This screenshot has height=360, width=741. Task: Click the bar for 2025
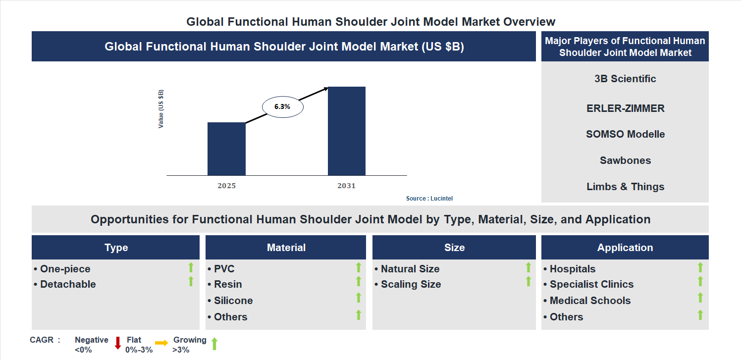tap(226, 149)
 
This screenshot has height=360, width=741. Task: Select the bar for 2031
tap(347, 131)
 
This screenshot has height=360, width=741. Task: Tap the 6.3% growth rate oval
tap(282, 106)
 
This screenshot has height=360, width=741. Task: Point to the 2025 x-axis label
tap(226, 186)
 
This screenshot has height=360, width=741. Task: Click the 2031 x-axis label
tap(346, 186)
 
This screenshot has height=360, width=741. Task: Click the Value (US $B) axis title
tap(161, 109)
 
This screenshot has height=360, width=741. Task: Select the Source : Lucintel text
tap(429, 199)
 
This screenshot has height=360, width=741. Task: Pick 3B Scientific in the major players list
tap(625, 79)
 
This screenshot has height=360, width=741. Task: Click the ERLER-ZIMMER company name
tap(625, 108)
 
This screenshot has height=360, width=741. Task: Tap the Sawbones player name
tap(625, 160)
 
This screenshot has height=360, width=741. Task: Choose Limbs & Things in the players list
tap(625, 187)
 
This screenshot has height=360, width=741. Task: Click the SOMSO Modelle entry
tap(625, 134)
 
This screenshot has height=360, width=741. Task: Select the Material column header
tap(286, 248)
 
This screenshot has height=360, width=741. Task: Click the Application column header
tap(625, 248)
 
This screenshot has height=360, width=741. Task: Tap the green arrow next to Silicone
tap(359, 298)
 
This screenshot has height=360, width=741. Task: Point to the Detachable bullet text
tap(68, 284)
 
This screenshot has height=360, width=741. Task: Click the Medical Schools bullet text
tap(590, 301)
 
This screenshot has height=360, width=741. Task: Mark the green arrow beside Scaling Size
tap(528, 281)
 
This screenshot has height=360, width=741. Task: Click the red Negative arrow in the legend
tap(118, 343)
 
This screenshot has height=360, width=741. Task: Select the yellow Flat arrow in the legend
tap(161, 343)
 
